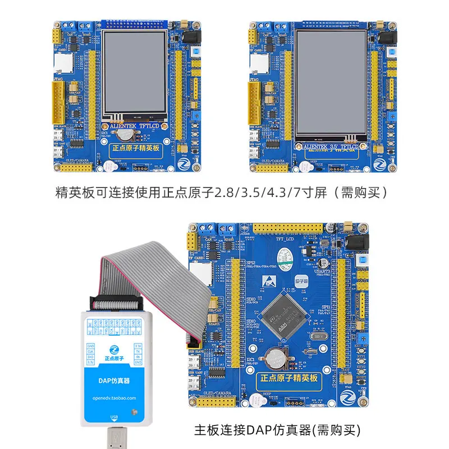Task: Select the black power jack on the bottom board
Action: pos(357,242)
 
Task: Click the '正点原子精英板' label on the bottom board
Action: pos(289,378)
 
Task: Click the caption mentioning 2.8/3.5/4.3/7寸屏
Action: pos(222,193)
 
